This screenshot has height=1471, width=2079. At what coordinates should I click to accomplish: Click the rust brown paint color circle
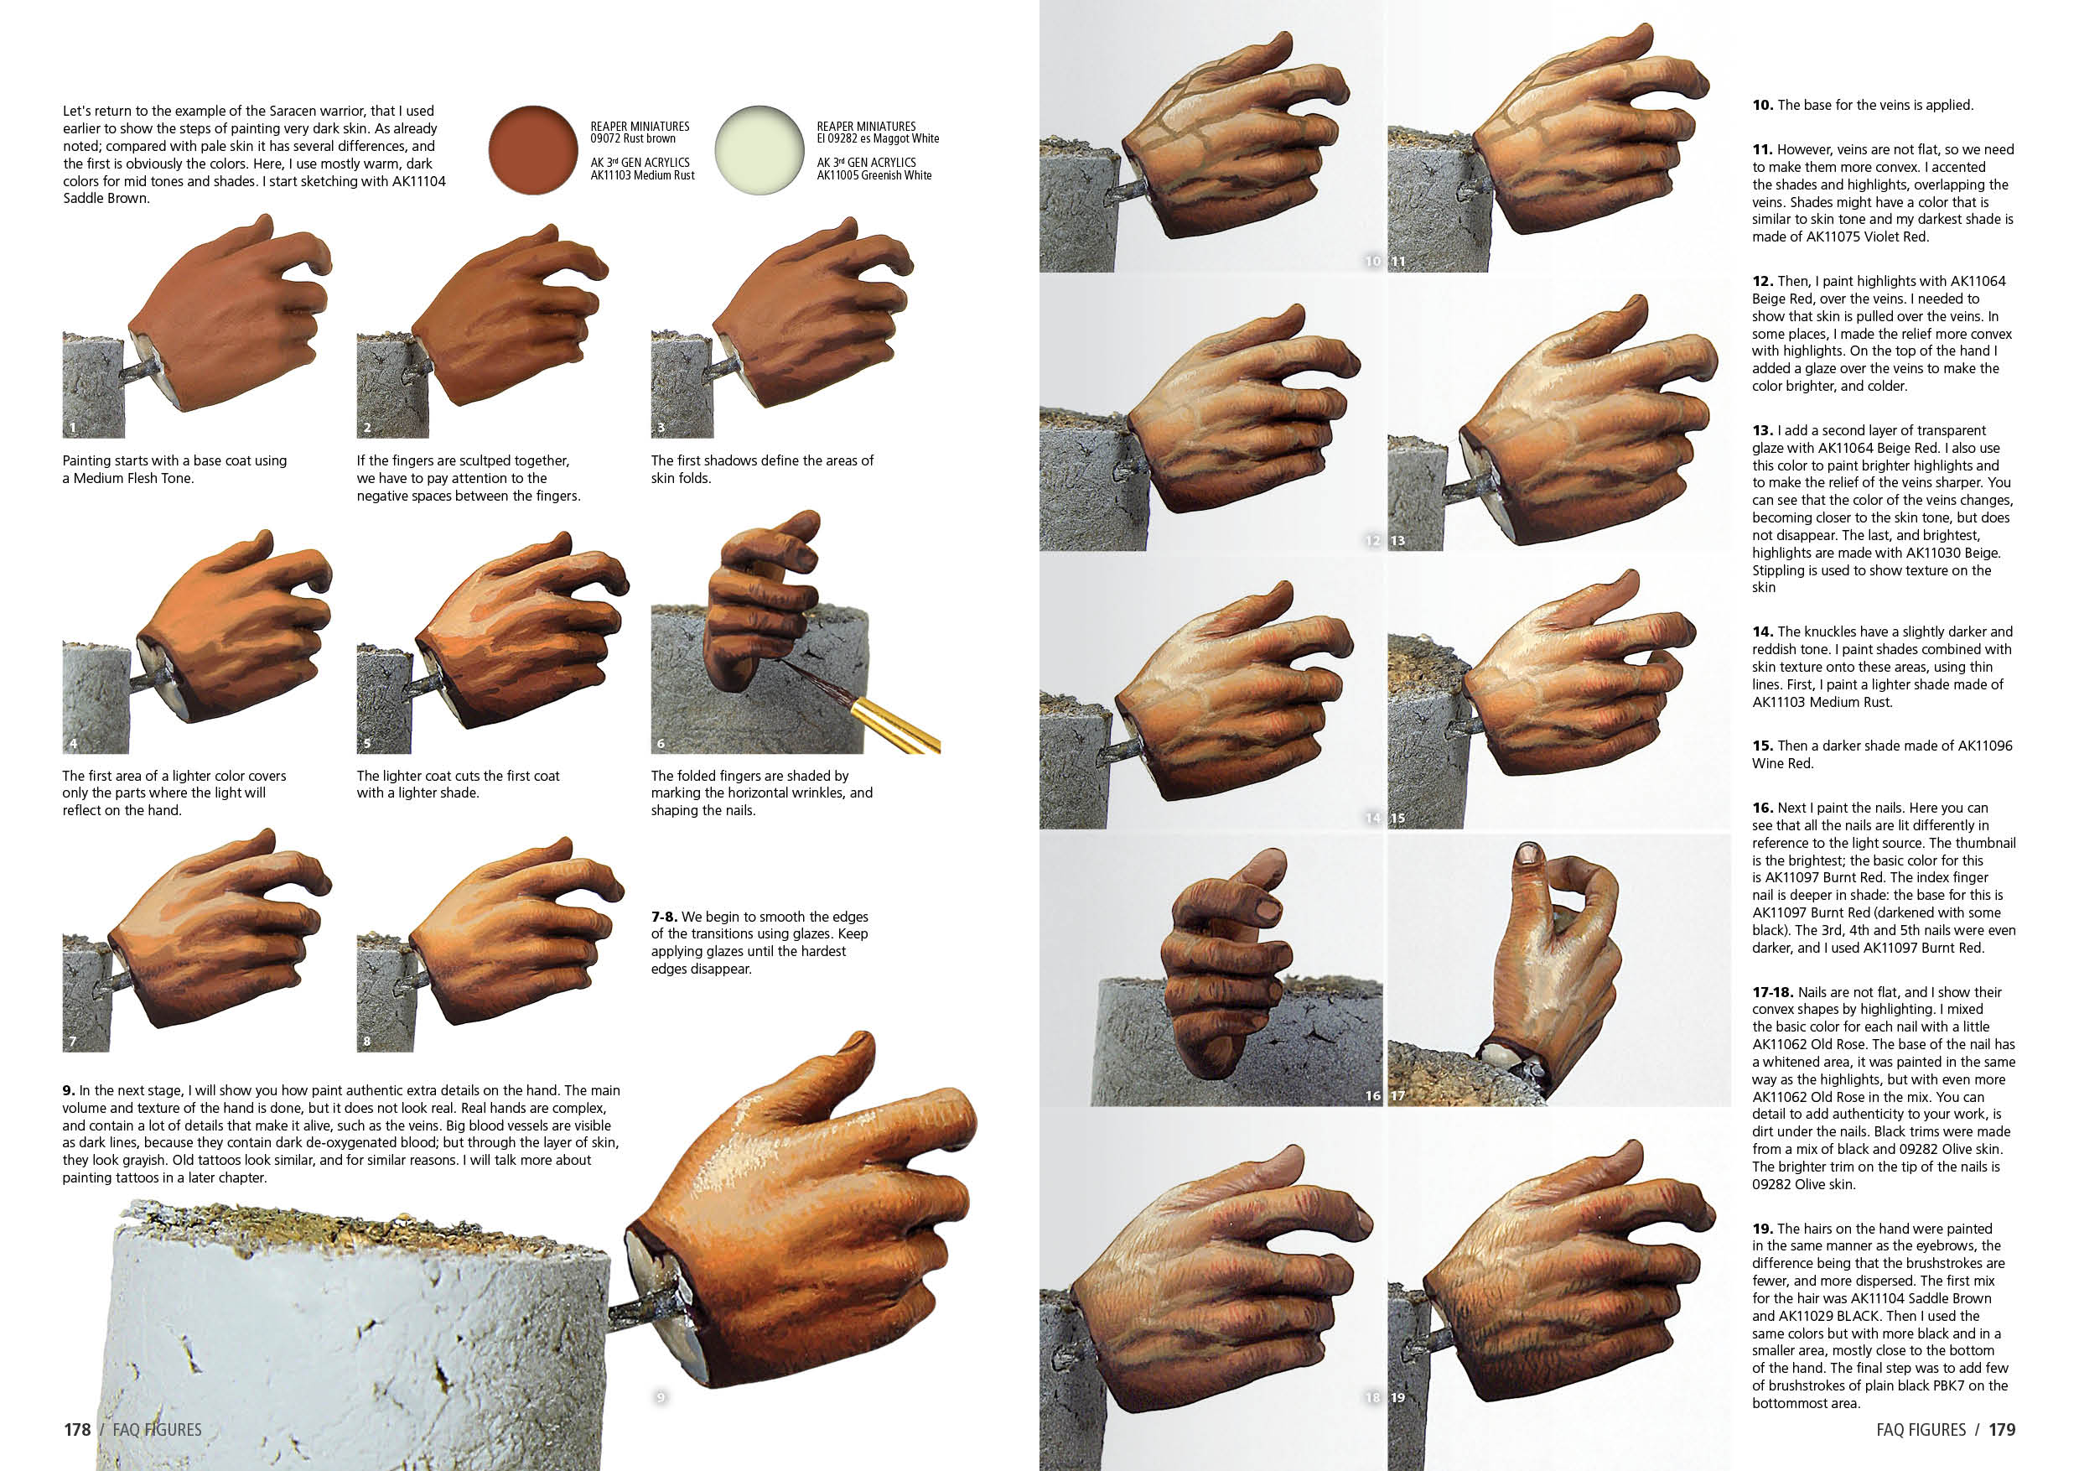[x=532, y=150]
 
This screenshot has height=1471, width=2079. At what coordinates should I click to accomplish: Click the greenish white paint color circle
[x=759, y=150]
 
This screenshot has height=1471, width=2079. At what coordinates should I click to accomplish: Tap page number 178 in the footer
[x=77, y=1429]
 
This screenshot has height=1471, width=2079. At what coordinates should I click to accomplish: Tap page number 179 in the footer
[x=2001, y=1429]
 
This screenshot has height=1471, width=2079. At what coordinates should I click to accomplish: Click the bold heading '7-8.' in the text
[x=665, y=917]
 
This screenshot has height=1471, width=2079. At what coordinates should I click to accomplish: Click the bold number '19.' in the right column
[x=1762, y=1229]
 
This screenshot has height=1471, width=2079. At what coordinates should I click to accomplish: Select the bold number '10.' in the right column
[x=1762, y=105]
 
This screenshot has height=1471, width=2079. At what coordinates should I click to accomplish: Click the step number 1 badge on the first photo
[x=73, y=427]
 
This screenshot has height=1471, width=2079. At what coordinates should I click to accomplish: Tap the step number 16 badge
[x=1372, y=1095]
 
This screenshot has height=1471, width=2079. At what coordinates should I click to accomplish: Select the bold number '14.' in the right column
[x=1762, y=632]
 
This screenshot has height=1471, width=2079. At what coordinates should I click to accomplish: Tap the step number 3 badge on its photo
[x=661, y=427]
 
